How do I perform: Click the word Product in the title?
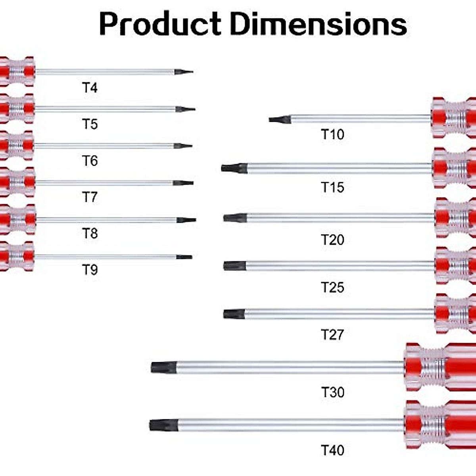pyautogui.click(x=160, y=25)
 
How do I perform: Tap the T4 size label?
pyautogui.click(x=90, y=88)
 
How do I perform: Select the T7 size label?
pyautogui.click(x=90, y=197)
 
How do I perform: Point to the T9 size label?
pyautogui.click(x=90, y=270)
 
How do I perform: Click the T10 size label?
pyautogui.click(x=332, y=134)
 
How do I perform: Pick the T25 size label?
pyautogui.click(x=332, y=287)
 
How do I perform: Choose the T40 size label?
pyautogui.click(x=332, y=450)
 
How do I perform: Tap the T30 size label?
pyautogui.click(x=332, y=392)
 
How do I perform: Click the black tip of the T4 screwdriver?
pyautogui.click(x=183, y=72)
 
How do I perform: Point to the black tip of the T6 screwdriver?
pyautogui.click(x=182, y=146)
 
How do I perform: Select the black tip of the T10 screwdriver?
pyautogui.click(x=279, y=119)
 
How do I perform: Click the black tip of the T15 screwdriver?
pyautogui.click(x=234, y=168)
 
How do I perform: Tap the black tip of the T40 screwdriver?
pyautogui.click(x=163, y=426)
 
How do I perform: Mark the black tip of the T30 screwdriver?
pyautogui.click(x=163, y=367)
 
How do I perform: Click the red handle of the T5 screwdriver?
pyautogui.click(x=17, y=108)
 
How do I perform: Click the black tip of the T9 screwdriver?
pyautogui.click(x=184, y=257)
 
